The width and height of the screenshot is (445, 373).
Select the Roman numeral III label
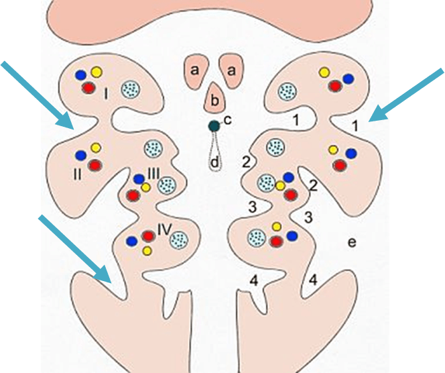coord(153,174)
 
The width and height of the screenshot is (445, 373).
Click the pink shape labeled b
coord(214,99)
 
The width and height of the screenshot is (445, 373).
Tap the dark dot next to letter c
coord(213,125)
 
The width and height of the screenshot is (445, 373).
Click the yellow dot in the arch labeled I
coord(96,72)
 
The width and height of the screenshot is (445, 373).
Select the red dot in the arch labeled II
coord(94,164)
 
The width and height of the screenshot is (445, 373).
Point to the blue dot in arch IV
coord(131,240)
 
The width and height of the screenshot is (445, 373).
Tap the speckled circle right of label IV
coord(178,239)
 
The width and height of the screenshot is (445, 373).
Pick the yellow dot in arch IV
coord(147,251)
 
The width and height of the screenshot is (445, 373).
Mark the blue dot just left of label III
coord(138,179)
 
